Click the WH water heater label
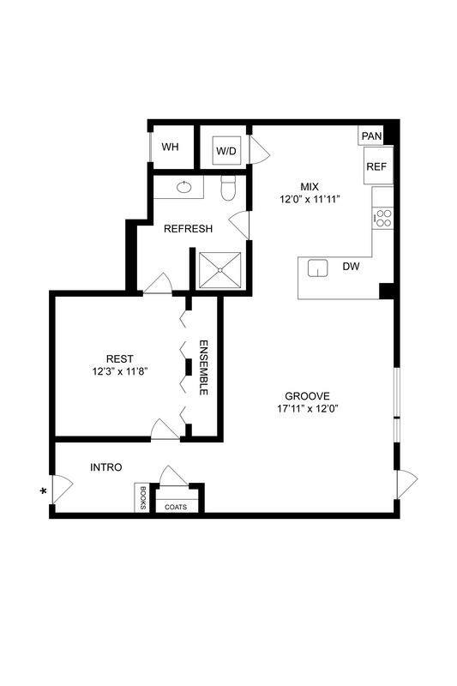click(x=171, y=147)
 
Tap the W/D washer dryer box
click(x=225, y=150)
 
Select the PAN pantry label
click(x=371, y=135)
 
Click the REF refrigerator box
click(x=376, y=166)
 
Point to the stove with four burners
click(x=383, y=218)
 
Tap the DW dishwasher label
click(x=351, y=267)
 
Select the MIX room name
click(x=309, y=187)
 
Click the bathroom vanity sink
click(x=184, y=186)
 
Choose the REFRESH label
click(x=188, y=228)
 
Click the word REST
click(x=120, y=358)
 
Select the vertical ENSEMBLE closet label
click(x=204, y=367)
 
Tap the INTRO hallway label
click(x=106, y=467)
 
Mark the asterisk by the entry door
click(x=43, y=490)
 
